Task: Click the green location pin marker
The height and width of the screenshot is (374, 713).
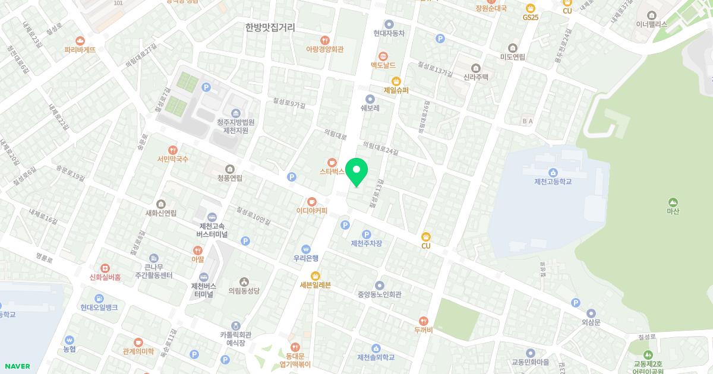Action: pos(356,172)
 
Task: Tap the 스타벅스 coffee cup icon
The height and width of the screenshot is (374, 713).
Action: pos(332,161)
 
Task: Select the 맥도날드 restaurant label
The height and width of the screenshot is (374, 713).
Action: pos(383,65)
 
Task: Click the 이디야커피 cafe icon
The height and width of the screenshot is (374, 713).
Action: pos(311,201)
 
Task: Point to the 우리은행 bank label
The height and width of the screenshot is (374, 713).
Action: pos(306,258)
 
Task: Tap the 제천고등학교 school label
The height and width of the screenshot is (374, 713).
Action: pos(553,181)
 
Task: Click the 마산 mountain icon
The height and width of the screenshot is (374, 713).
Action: pos(673,202)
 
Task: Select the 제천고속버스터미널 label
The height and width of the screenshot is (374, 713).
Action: pos(211,230)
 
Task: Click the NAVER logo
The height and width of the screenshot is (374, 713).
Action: pos(16,366)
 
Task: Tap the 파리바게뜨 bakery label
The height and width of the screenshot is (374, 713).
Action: pos(80,50)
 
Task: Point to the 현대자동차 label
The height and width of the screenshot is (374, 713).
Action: pos(389,34)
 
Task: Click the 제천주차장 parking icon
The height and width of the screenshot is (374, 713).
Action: pos(367,234)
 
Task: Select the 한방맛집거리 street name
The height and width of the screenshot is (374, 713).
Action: pos(270,27)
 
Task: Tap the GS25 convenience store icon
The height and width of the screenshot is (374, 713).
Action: pos(531,8)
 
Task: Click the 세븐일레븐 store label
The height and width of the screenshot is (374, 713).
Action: pos(315,285)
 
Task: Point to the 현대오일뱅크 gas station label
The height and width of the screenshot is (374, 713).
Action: pos(99,307)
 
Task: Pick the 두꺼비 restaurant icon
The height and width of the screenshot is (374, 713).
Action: pos(423,321)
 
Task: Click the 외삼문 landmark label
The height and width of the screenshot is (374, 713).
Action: pos(591,322)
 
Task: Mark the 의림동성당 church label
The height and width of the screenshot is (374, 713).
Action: pos(244,291)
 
